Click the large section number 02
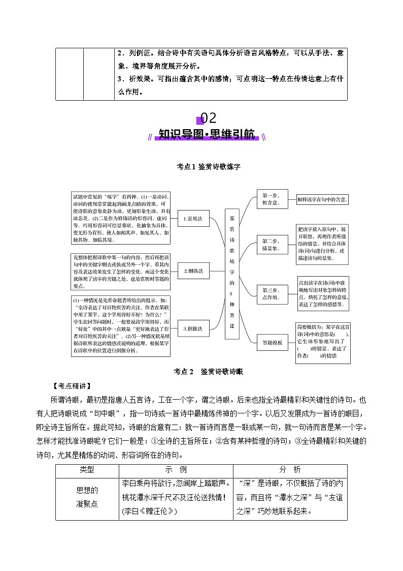(209, 118)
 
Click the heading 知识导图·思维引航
(207, 135)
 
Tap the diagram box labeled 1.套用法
(192, 219)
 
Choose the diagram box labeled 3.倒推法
(192, 328)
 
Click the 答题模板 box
(273, 342)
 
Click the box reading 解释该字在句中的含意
(323, 200)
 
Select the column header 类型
(87, 470)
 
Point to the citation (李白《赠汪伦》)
(149, 511)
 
